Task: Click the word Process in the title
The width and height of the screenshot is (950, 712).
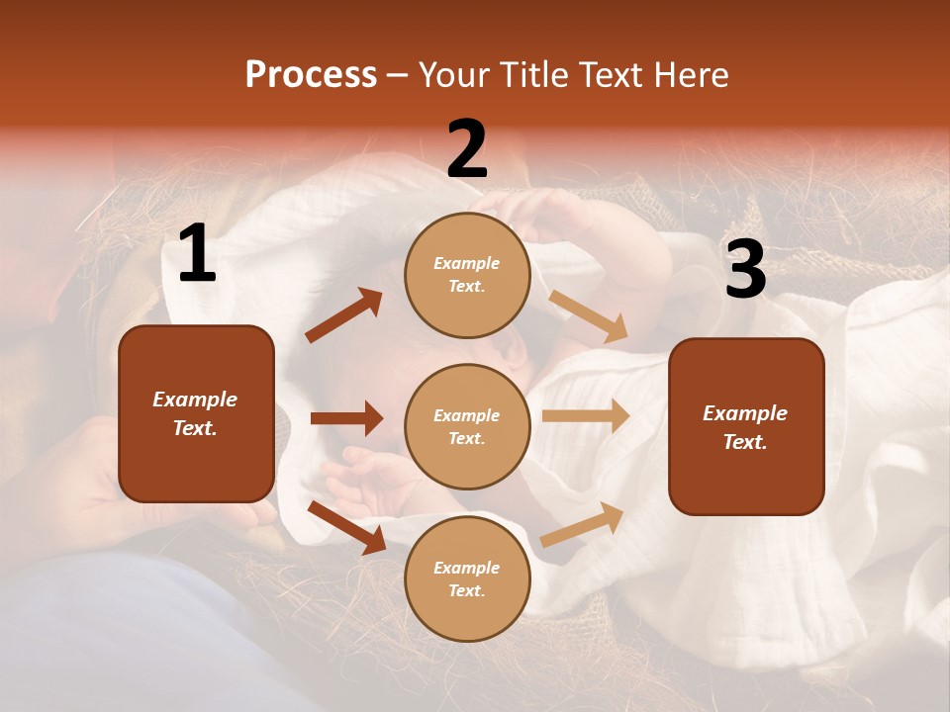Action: [311, 74]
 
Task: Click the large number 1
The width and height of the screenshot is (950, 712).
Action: [197, 254]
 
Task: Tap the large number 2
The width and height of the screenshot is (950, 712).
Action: [466, 149]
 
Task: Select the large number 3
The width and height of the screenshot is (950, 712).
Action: [745, 269]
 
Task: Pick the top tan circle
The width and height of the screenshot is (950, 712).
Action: [467, 275]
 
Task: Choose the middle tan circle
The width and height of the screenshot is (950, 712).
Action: [467, 426]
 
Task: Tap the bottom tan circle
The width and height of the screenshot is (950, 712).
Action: [467, 578]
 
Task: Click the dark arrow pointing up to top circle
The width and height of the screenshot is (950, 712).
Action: [343, 315]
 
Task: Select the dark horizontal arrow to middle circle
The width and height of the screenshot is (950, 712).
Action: [346, 418]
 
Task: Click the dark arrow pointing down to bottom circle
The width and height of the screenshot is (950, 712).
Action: [346, 526]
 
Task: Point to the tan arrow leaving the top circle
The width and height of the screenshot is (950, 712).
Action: [588, 316]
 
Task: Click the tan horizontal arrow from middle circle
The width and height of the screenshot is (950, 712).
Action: [585, 416]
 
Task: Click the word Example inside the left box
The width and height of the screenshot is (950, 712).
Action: [195, 400]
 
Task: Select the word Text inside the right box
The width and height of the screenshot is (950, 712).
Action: [745, 442]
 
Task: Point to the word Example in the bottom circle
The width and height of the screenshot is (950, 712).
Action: [466, 568]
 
